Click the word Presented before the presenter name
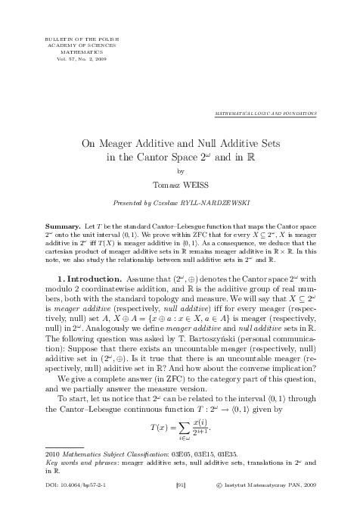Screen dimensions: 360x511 coord(126,204)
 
